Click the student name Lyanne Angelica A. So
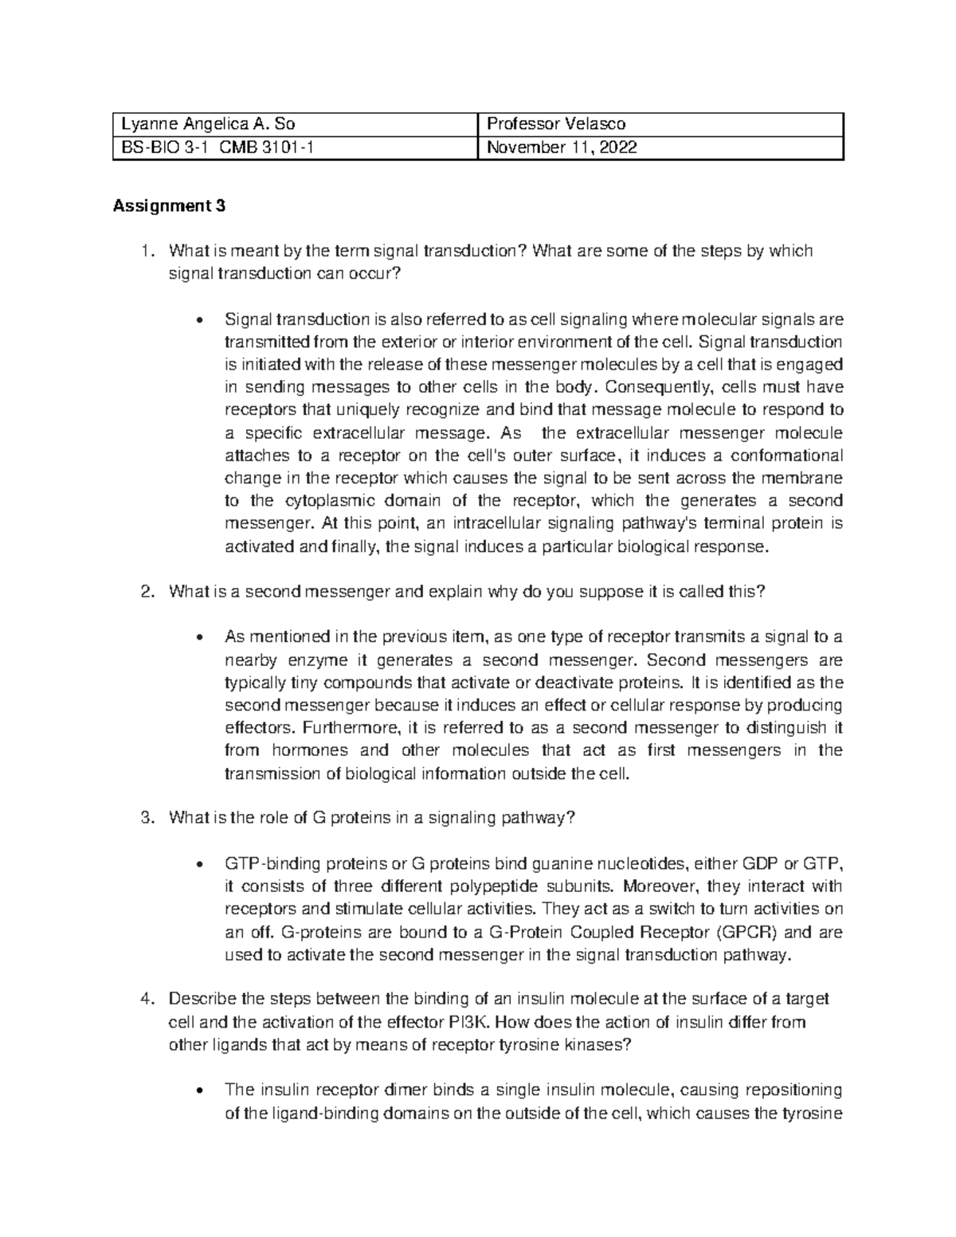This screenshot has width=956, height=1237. click(210, 123)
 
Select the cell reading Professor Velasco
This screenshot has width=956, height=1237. click(556, 123)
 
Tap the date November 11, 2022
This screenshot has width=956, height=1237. click(562, 147)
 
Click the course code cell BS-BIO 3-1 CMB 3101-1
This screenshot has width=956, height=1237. click(211, 147)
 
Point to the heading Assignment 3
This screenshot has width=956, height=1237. click(170, 207)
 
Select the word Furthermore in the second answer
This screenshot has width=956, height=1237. click(349, 728)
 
